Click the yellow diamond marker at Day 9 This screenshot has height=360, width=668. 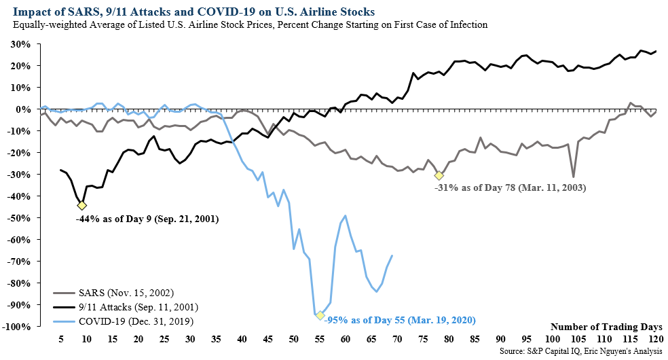point(82,205)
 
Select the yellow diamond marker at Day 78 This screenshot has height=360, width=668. point(439,176)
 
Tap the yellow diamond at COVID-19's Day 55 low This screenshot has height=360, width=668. point(320,315)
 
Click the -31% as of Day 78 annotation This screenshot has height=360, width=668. point(509,185)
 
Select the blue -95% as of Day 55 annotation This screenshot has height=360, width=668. point(401,319)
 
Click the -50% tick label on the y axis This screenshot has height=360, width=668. point(18,218)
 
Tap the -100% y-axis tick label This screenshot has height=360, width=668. point(16,327)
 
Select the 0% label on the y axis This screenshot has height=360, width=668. point(23,109)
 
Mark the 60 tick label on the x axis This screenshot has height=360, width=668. point(345,338)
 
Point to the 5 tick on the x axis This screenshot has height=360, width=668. point(61,338)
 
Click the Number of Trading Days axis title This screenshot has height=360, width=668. point(606,327)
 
